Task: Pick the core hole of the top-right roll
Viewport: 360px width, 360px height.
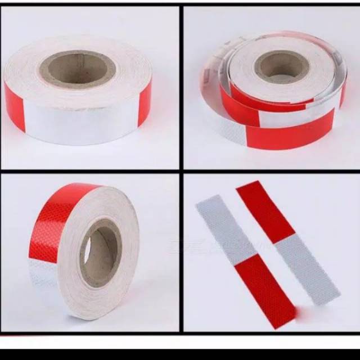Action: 281,65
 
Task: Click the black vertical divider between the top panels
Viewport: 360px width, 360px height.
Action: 181,84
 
